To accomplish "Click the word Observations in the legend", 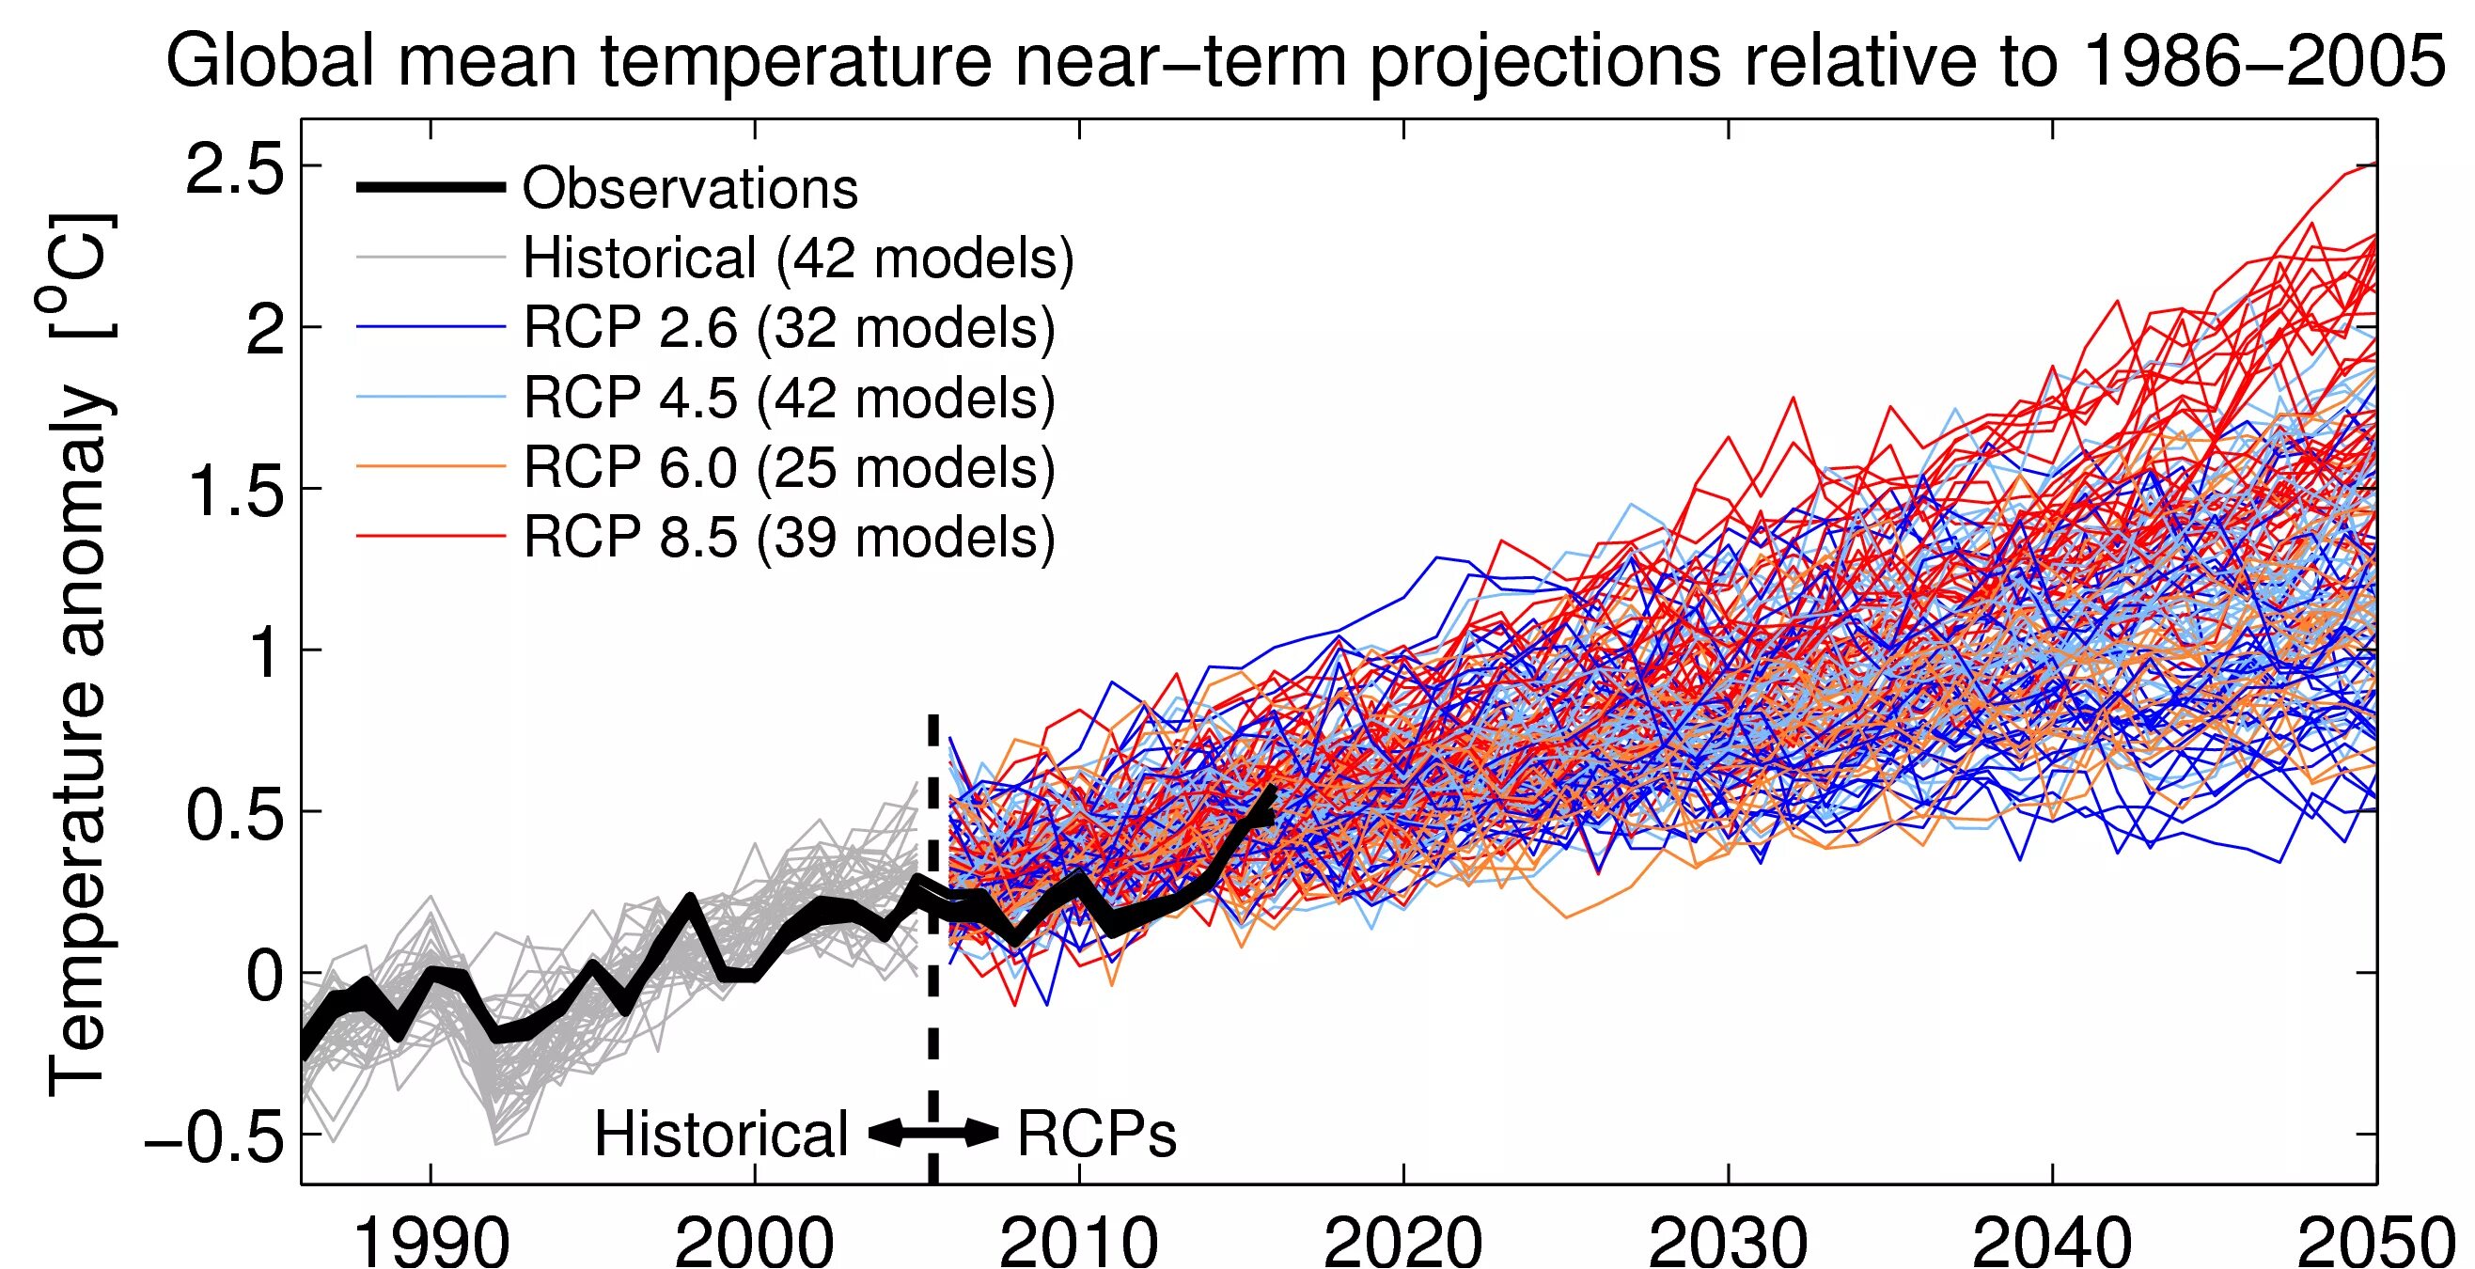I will (x=690, y=188).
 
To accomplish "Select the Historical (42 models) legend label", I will (x=797, y=258).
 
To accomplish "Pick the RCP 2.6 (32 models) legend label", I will (x=789, y=327).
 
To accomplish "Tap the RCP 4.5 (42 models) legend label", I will (x=789, y=398).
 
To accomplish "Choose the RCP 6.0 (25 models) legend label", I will (x=789, y=468).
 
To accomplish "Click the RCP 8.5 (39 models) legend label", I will (x=789, y=537).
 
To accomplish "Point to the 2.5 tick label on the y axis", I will (x=235, y=173).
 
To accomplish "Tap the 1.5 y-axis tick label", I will (x=235, y=493).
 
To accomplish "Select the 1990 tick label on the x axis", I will (x=431, y=1241).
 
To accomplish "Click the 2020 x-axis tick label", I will (x=1403, y=1241).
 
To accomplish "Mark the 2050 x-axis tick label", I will (x=2375, y=1241).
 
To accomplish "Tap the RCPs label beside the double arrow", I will (x=1096, y=1135).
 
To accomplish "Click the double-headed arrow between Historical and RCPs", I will (x=932, y=1134).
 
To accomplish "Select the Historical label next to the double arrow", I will (x=722, y=1135).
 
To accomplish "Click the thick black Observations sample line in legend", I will (x=431, y=187).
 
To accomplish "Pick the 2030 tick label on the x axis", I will (x=1728, y=1241).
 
